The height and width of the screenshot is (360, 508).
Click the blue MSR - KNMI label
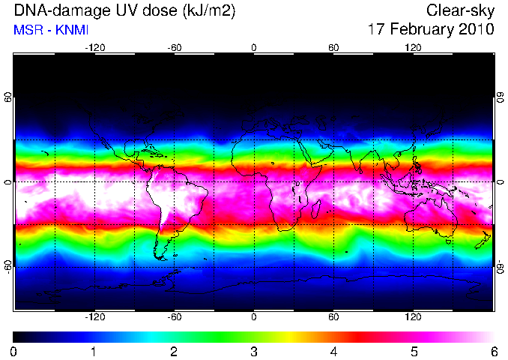(x=51, y=30)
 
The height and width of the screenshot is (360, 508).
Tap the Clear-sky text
(x=460, y=10)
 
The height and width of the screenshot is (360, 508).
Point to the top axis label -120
(x=95, y=48)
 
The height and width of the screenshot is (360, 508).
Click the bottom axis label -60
(x=175, y=316)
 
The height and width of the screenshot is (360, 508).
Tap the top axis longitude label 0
(x=254, y=48)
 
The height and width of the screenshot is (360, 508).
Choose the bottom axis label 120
(x=413, y=316)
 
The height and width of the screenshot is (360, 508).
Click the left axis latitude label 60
(x=8, y=97)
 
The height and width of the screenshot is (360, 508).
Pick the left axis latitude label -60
(x=8, y=267)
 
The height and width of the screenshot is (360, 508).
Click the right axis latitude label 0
(x=501, y=182)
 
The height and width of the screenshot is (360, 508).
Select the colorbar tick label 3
(x=254, y=352)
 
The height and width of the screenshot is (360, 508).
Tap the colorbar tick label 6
(x=494, y=352)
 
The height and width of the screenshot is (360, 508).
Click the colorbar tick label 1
(x=94, y=352)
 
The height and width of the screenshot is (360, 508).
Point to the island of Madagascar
(x=316, y=208)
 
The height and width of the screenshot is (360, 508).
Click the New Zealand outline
(x=483, y=240)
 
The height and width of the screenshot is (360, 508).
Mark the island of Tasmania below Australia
(x=449, y=241)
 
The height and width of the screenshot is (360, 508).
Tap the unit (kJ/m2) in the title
(x=208, y=11)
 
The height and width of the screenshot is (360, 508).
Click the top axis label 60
(x=333, y=48)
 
